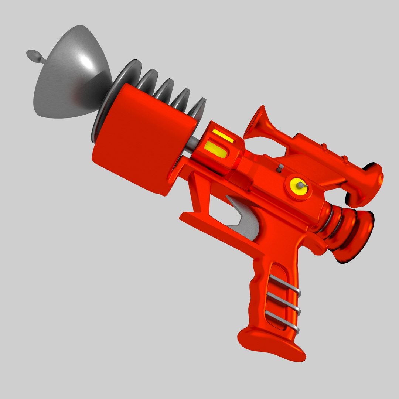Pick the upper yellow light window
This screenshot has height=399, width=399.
tap(223, 136)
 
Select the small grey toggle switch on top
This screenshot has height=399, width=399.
tap(280, 168)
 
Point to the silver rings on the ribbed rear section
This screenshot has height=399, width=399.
tap(327, 222)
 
